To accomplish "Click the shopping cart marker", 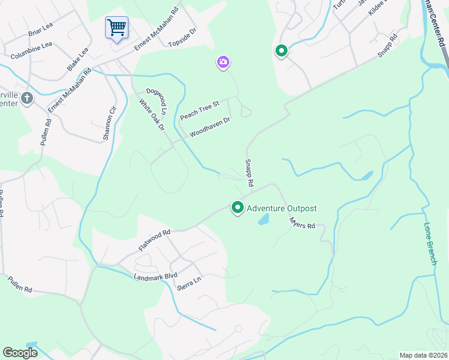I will pyautogui.click(x=116, y=26).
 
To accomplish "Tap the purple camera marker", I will pyautogui.click(x=223, y=62).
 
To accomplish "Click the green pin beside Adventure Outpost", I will pyautogui.click(x=238, y=208).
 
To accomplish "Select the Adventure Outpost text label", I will pyautogui.click(x=282, y=209).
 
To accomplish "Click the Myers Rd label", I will pyautogui.click(x=302, y=223).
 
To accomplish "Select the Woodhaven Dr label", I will pyautogui.click(x=210, y=127).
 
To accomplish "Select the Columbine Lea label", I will pyautogui.click(x=31, y=47).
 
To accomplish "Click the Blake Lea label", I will pyautogui.click(x=78, y=59).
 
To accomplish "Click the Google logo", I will pyautogui.click(x=20, y=353).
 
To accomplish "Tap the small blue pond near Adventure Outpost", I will pyautogui.click(x=264, y=220).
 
